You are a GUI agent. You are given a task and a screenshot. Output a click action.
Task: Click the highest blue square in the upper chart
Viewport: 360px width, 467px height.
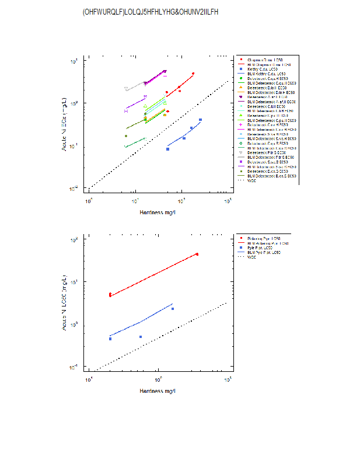200,120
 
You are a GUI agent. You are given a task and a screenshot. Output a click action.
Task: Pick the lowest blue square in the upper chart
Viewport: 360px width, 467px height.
167,149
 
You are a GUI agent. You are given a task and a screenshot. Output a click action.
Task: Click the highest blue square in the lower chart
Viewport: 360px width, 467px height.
173,309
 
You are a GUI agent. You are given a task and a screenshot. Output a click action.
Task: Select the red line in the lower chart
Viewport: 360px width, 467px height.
152,276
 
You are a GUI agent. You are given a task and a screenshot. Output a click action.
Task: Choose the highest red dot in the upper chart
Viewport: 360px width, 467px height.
193,74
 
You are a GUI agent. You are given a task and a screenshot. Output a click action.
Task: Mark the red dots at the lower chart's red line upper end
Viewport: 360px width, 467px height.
197,254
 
